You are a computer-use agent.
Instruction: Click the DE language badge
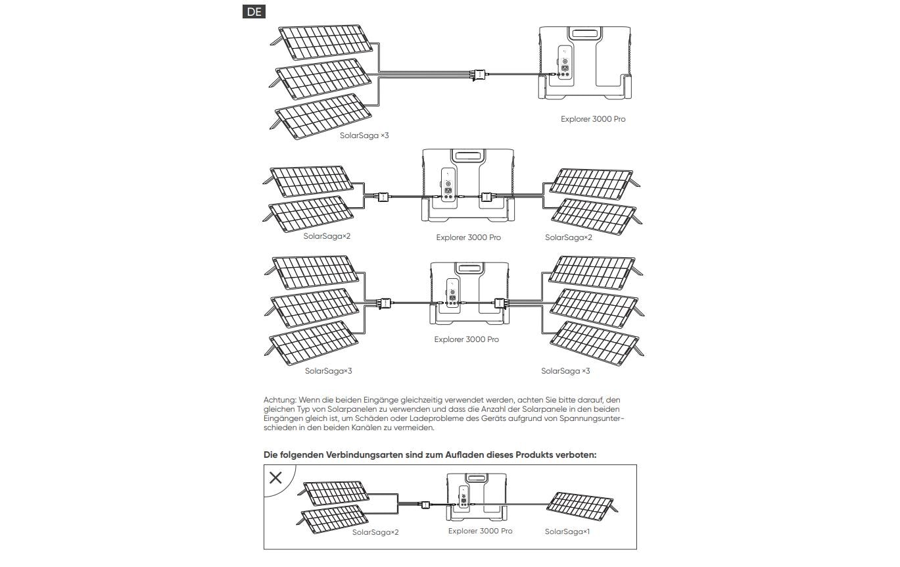pos(254,12)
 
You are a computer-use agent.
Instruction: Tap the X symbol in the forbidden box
pos(275,478)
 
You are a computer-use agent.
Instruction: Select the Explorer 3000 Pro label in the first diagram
pos(593,119)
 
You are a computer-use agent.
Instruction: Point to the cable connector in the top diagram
pos(479,74)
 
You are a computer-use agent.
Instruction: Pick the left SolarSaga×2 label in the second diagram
pos(327,235)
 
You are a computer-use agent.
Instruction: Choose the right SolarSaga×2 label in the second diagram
pos(569,237)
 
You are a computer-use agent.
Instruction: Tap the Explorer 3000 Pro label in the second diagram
pos(468,237)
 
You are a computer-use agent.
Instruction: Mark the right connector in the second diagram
pos(486,197)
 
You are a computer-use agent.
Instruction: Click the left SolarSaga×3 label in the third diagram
pos(328,371)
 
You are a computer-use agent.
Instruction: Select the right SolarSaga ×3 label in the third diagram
pos(565,371)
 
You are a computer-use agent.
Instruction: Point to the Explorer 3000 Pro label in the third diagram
pos(466,339)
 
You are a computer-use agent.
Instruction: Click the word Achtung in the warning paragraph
pos(280,400)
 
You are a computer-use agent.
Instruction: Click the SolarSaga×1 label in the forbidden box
pos(567,531)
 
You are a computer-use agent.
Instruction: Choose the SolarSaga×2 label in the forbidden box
pos(375,532)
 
